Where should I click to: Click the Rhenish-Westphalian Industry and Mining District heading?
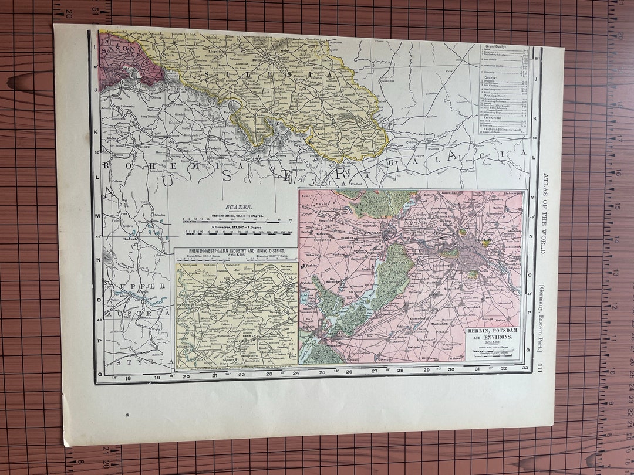click(236, 253)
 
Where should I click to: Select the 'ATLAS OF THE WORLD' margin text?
click(545, 213)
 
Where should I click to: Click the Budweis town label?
click(130, 239)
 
